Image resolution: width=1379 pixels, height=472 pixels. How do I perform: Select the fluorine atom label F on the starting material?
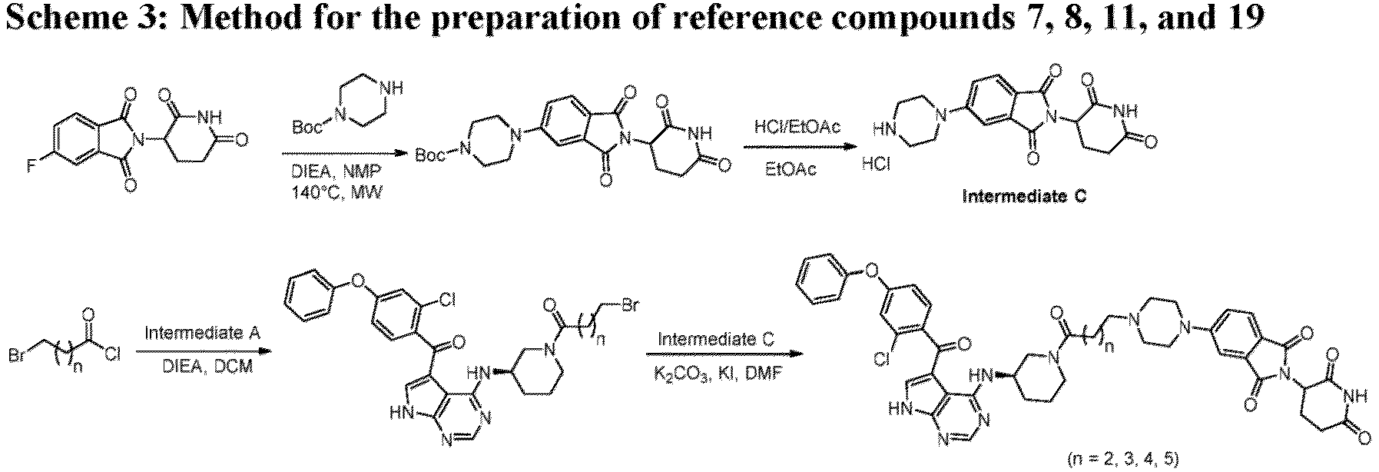pyautogui.click(x=31, y=166)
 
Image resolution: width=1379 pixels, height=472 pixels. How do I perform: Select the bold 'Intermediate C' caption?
pyautogui.click(x=1025, y=197)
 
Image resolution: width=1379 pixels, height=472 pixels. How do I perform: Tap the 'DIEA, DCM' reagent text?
pyautogui.click(x=202, y=368)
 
